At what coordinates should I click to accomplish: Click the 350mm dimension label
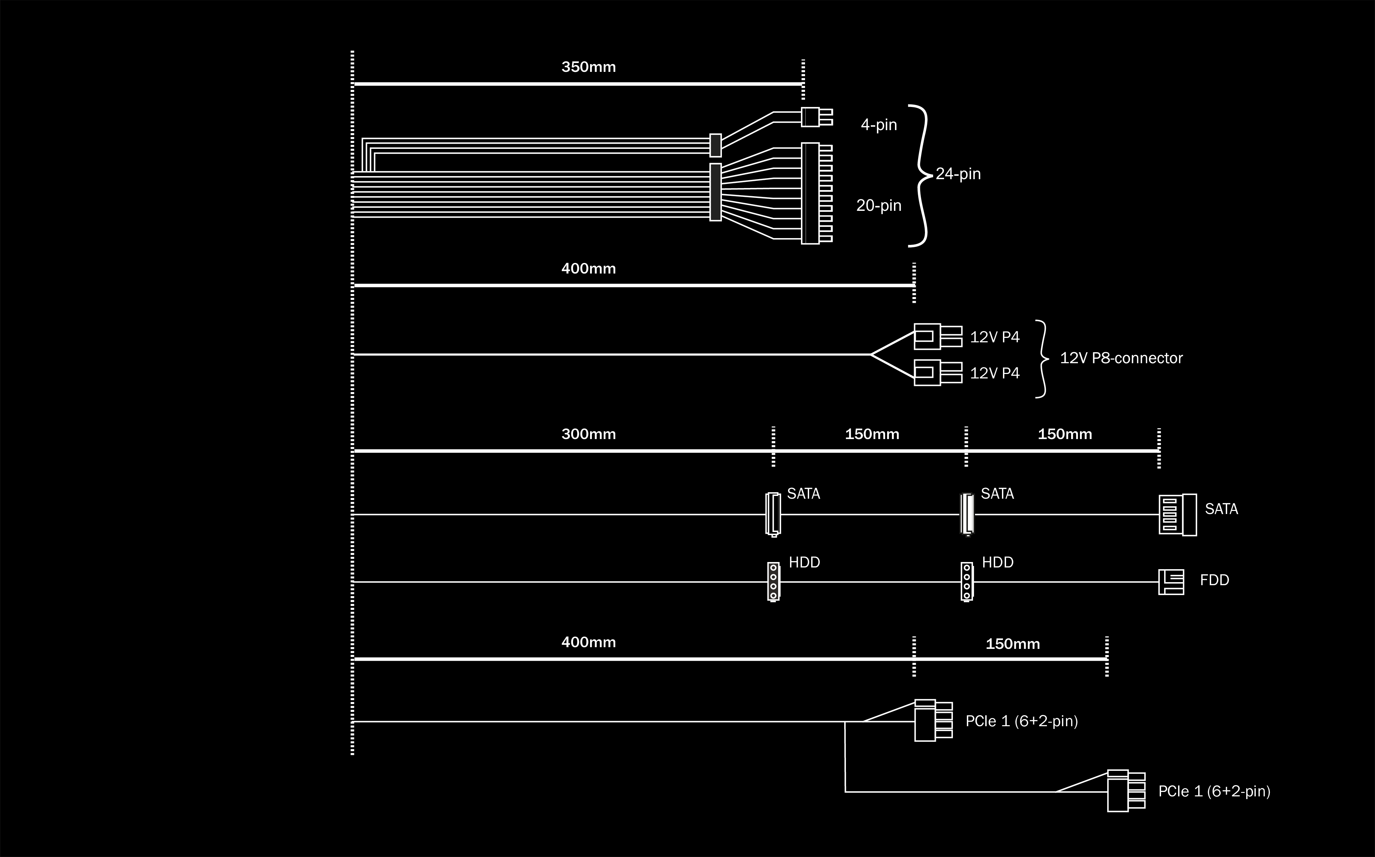tap(588, 67)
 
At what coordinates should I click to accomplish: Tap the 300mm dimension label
tap(588, 434)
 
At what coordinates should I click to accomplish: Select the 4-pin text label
tap(879, 125)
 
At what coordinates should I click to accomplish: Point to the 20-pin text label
tap(879, 205)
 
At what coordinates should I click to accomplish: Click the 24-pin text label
tap(958, 173)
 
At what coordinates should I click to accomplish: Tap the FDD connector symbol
tap(1171, 581)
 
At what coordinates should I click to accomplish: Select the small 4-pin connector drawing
tap(816, 117)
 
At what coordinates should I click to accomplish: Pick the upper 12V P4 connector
tap(938, 337)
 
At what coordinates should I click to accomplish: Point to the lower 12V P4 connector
tap(938, 372)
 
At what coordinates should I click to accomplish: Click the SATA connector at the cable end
tap(1177, 515)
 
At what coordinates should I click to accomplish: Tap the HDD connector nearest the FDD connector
tap(967, 581)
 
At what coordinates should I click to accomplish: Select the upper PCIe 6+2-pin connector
tap(933, 720)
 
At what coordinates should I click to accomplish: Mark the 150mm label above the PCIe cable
tap(1012, 644)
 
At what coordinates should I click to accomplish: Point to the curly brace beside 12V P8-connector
tap(1042, 359)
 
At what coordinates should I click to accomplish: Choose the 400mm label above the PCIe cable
tap(588, 642)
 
